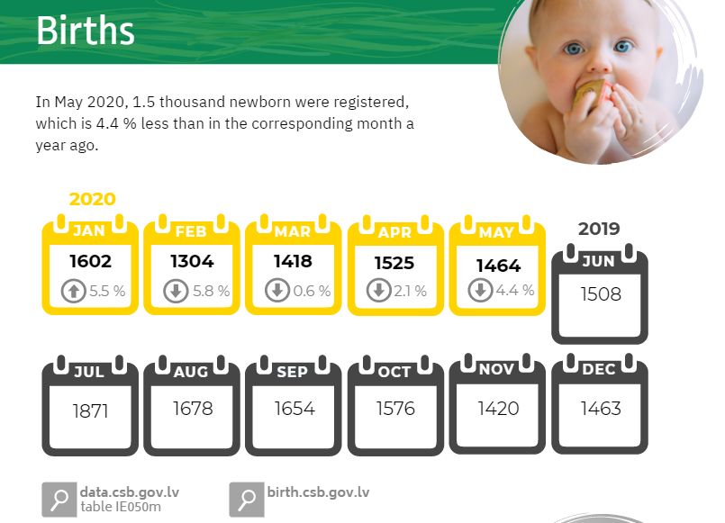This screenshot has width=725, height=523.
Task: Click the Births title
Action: (86, 31)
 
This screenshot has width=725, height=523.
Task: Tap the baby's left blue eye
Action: (574, 49)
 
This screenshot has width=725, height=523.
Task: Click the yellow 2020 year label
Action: (93, 199)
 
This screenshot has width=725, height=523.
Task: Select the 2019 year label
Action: (599, 229)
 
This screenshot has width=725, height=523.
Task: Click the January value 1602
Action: (91, 261)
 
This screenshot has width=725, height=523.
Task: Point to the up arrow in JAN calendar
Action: (74, 291)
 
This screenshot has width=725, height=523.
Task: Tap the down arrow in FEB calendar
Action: (176, 291)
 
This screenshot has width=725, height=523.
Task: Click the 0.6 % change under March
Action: (312, 291)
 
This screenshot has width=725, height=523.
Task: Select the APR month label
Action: (394, 232)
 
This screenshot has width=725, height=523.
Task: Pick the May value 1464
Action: (498, 266)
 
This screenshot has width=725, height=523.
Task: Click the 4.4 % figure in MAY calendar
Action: (515, 291)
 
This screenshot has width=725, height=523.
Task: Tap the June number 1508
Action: (601, 294)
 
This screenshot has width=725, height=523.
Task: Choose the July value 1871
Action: (91, 410)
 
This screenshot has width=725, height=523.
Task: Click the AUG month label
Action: (191, 372)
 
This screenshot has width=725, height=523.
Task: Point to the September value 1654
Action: (295, 409)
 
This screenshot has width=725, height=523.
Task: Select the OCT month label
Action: (394, 372)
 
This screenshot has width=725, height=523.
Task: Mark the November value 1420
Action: (498, 409)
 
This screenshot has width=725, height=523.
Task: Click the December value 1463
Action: (601, 409)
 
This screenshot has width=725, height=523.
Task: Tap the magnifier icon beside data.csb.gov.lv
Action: (59, 500)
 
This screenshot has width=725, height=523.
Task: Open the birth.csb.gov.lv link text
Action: (318, 492)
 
